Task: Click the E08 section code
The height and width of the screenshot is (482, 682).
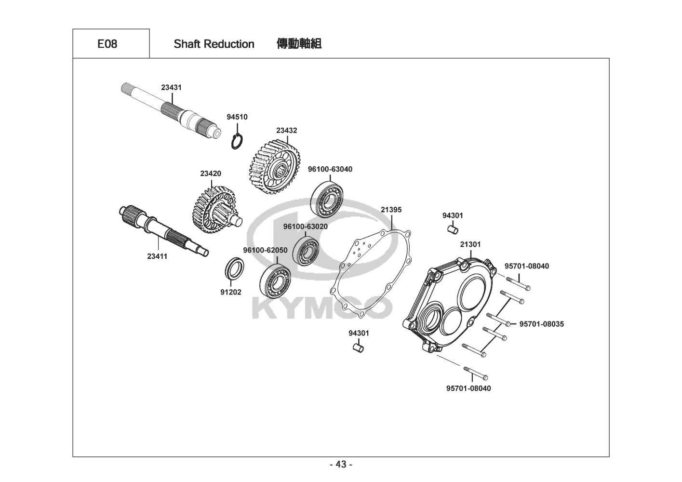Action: [107, 44]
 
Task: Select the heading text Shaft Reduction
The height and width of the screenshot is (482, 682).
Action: [214, 44]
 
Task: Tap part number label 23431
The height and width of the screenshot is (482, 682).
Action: [171, 87]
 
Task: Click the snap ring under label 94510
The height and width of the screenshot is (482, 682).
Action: [237, 142]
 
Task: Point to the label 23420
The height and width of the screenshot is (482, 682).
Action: [211, 174]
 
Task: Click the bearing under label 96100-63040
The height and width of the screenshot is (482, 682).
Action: [327, 200]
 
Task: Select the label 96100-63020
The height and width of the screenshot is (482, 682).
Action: [306, 227]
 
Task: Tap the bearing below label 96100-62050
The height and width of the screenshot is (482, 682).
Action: [275, 280]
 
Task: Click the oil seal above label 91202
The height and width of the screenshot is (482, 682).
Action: [235, 268]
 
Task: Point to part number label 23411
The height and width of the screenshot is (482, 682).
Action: [157, 256]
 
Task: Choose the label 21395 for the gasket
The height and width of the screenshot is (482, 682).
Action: [391, 210]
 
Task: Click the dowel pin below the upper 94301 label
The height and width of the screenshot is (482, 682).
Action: [453, 229]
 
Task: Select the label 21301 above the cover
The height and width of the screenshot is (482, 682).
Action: [470, 244]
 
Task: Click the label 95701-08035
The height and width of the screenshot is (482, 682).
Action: [541, 324]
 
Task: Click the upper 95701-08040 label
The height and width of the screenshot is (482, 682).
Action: [526, 266]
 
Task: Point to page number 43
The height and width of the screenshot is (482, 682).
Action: [341, 465]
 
